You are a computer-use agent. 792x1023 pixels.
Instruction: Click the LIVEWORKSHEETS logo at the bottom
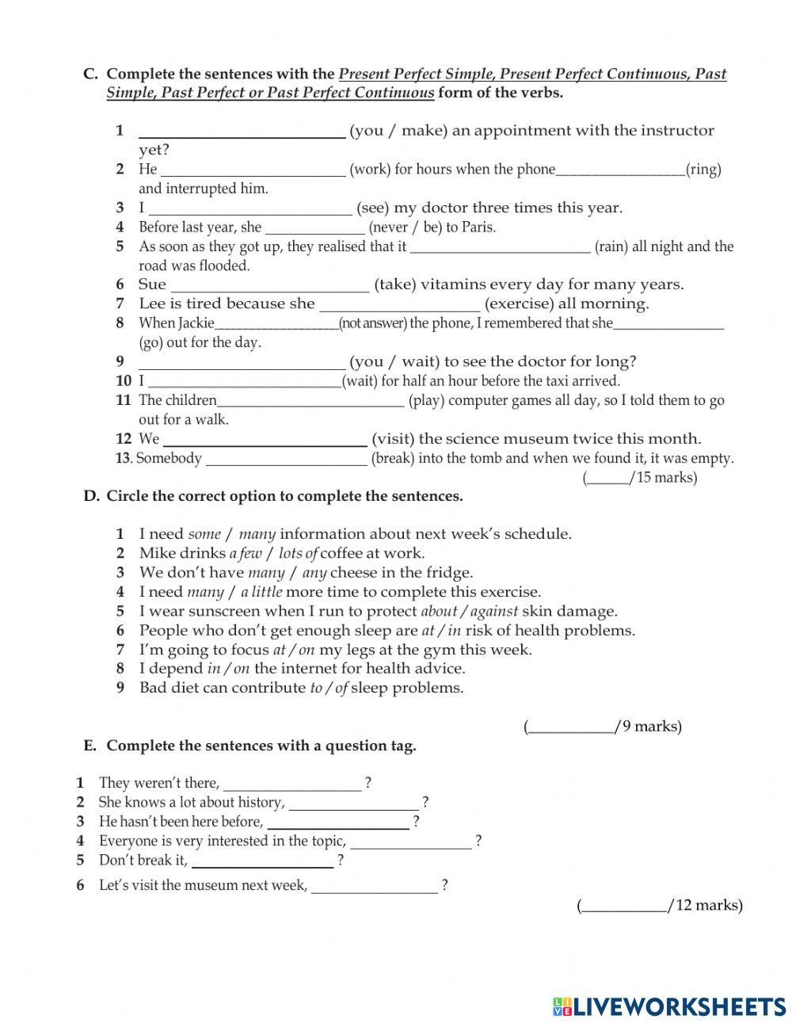[669, 1006]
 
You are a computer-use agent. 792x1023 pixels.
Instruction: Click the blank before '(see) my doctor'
[250, 208]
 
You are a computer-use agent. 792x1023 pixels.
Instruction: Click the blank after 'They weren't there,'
[292, 784]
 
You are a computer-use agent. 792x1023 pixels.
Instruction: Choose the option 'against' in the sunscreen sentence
[494, 611]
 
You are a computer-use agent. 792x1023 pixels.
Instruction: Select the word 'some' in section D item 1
[204, 534]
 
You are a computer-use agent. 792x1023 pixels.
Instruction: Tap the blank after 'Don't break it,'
[262, 861]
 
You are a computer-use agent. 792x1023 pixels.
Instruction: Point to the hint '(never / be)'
[406, 227]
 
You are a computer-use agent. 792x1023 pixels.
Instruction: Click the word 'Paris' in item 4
[478, 227]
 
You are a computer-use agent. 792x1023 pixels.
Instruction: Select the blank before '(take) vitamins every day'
[269, 284]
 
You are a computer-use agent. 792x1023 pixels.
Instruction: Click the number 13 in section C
[123, 458]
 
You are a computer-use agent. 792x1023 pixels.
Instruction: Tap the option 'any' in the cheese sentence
[314, 572]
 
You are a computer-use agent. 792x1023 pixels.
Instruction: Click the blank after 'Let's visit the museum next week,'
[374, 886]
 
